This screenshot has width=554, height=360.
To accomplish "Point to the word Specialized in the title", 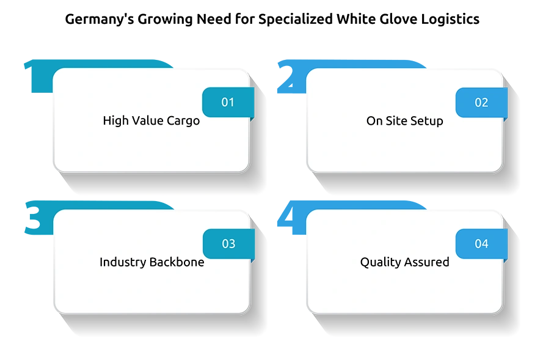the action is tap(296, 20).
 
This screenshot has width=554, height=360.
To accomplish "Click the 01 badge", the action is tap(228, 103).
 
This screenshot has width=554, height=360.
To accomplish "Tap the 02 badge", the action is tap(481, 103).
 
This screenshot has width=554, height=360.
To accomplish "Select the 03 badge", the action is tap(228, 244).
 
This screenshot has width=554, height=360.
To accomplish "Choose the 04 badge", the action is tap(481, 244).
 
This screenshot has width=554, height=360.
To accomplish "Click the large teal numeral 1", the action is tap(38, 76).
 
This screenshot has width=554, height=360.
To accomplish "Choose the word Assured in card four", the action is tap(427, 262).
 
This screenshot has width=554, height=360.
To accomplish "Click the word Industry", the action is tap(123, 262).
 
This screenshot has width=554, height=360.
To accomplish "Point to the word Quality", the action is tap(381, 262).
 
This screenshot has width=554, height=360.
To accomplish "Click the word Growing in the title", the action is tap(165, 20).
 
